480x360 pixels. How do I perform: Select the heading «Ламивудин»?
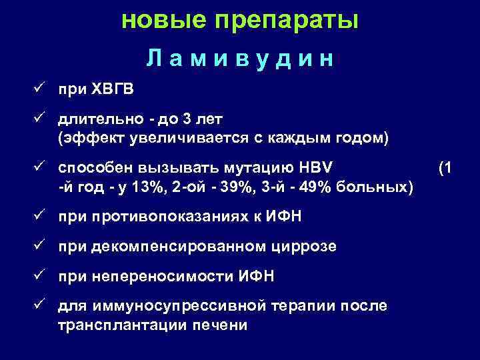(240, 59)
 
